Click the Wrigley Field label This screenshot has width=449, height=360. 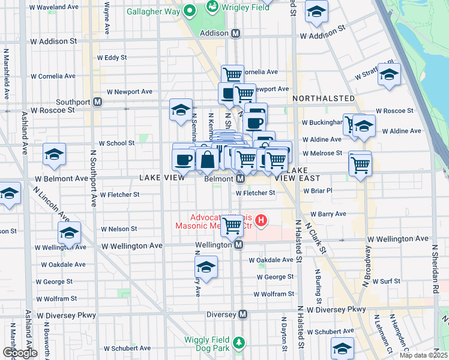coord(241,8)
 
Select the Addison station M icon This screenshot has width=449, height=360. coord(236,34)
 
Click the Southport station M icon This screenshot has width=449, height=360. coord(97,102)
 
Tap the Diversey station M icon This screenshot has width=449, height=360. coord(243,314)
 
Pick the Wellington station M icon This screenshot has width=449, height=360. coord(238,245)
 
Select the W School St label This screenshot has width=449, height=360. coord(116,143)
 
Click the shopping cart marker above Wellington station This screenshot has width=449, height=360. coord(232,226)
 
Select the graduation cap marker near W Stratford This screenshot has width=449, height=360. coord(389,74)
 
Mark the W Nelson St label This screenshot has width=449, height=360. coord(119,229)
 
